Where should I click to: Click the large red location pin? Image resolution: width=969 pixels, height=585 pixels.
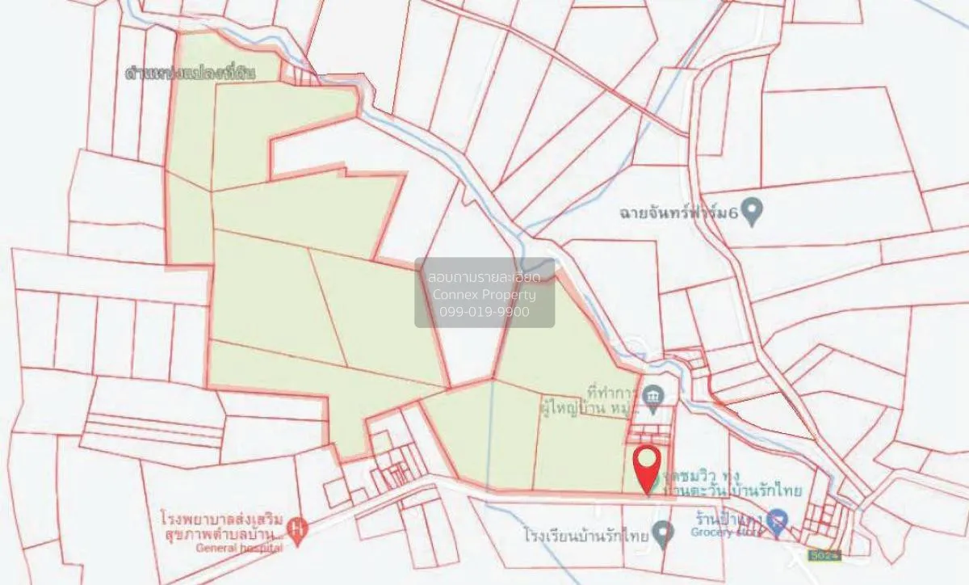pyautogui.click(x=648, y=465)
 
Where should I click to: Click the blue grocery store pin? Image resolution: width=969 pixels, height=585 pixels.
pyautogui.click(x=777, y=520)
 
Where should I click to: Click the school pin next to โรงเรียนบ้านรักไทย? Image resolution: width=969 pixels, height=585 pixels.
pyautogui.click(x=663, y=532)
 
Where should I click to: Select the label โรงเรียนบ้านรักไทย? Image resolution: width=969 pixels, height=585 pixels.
pyautogui.click(x=586, y=535)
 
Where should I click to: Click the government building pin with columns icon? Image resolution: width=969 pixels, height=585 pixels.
pyautogui.click(x=653, y=395)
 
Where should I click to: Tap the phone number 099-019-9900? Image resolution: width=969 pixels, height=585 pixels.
pyautogui.click(x=484, y=311)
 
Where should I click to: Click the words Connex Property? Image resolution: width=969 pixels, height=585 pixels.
pyautogui.click(x=484, y=294)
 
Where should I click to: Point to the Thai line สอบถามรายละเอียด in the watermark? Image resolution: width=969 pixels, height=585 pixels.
pyautogui.click(x=484, y=277)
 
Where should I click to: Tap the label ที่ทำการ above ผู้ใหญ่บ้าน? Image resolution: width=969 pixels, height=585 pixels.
pyautogui.click(x=611, y=392)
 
